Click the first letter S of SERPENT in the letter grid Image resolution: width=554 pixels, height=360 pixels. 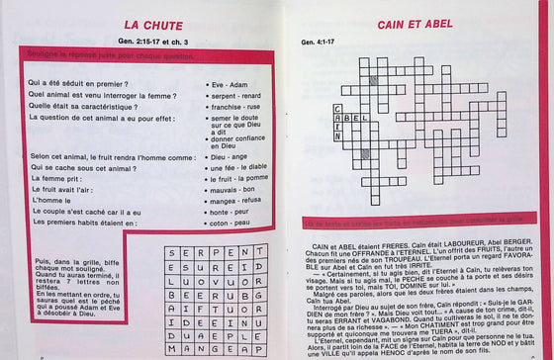(171, 253)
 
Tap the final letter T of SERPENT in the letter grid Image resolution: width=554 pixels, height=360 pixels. (260, 253)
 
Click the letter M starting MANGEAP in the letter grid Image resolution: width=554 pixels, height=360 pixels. (171, 349)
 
